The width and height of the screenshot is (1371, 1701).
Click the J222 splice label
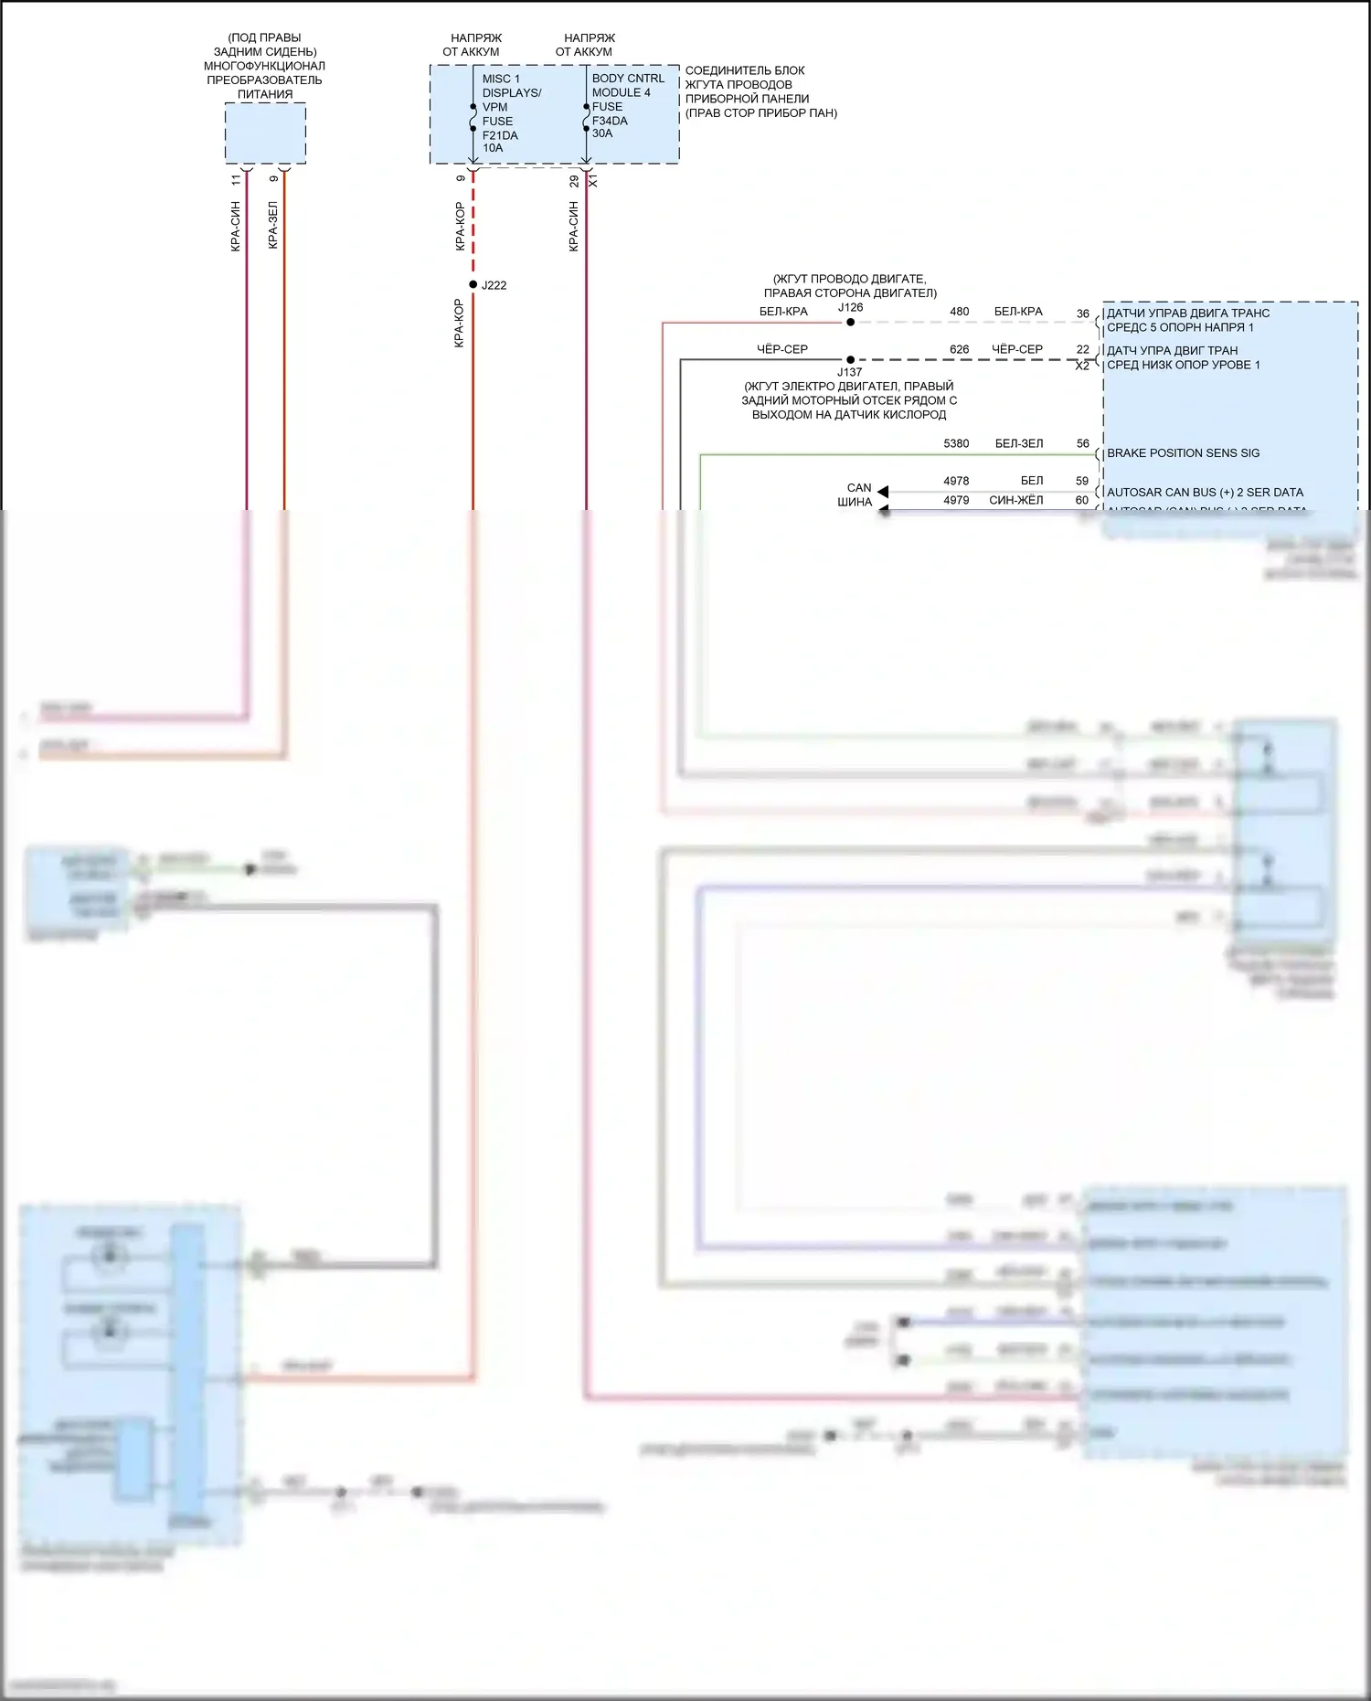(x=494, y=285)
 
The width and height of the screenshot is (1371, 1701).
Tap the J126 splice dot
(x=850, y=322)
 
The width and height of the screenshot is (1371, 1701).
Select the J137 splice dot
(x=850, y=359)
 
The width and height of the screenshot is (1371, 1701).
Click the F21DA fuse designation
(x=500, y=135)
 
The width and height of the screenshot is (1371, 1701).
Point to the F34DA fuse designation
(x=610, y=121)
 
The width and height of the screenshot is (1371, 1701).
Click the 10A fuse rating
(x=493, y=148)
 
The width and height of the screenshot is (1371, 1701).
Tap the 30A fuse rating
(x=602, y=133)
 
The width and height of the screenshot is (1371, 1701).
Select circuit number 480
(x=959, y=312)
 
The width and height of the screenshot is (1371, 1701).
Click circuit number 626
(x=959, y=349)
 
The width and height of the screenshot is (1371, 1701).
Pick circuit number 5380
(x=956, y=443)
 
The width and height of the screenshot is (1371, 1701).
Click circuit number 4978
(x=956, y=481)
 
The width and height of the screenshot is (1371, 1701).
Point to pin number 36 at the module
(x=1082, y=314)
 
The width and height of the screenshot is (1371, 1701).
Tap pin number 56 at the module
(x=1082, y=443)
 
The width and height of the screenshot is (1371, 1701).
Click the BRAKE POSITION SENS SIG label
(x=1183, y=453)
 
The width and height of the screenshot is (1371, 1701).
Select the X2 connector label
(x=1082, y=366)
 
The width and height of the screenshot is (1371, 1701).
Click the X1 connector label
(x=593, y=182)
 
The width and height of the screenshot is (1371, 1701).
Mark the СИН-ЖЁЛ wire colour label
(x=1015, y=500)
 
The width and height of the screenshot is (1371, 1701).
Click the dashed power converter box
(x=265, y=133)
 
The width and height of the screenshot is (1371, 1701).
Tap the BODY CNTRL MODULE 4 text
(x=628, y=85)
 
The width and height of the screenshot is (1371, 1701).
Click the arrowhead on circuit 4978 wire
(x=883, y=492)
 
